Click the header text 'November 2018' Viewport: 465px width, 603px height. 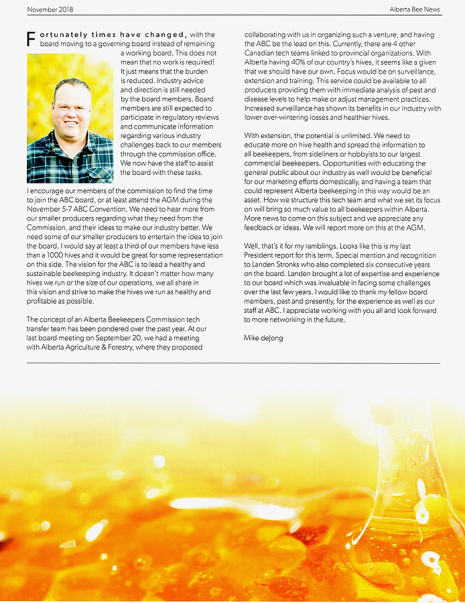tap(50, 9)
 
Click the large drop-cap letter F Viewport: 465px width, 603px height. tap(31, 38)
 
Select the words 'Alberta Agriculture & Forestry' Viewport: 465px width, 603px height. tap(88, 348)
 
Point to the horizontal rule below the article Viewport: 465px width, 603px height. tap(232, 362)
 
